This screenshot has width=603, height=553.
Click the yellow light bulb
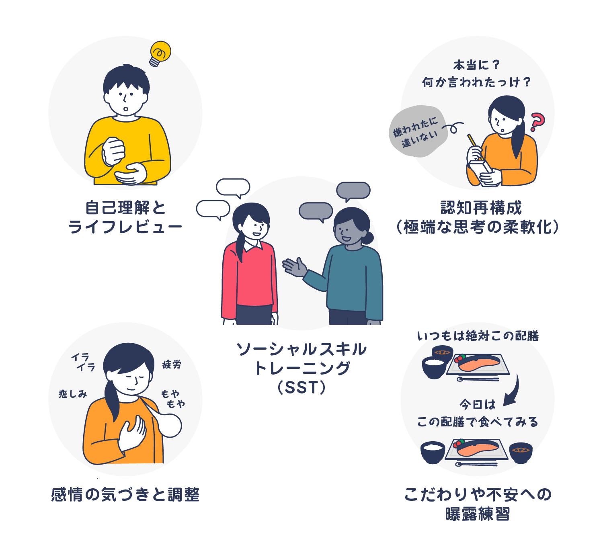pyautogui.click(x=160, y=53)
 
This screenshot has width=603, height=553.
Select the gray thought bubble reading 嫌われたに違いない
pyautogui.click(x=418, y=131)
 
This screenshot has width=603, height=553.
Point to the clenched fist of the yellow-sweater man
pyautogui.click(x=114, y=151)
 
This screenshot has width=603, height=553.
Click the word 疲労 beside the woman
pyautogui.click(x=172, y=365)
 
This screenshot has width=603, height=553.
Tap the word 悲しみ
pyautogui.click(x=73, y=394)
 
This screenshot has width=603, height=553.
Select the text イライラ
pyautogui.click(x=83, y=362)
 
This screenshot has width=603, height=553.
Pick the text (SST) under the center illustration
pyautogui.click(x=301, y=387)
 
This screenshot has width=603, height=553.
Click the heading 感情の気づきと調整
pyautogui.click(x=125, y=495)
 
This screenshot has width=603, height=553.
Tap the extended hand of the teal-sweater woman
pyautogui.click(x=294, y=267)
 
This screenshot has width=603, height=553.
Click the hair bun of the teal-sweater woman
pyautogui.click(x=368, y=238)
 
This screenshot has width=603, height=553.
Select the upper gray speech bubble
pyautogui.click(x=353, y=190)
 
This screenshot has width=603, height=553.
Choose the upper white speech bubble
pyautogui.click(x=233, y=188)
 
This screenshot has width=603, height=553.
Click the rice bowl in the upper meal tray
pyautogui.click(x=433, y=368)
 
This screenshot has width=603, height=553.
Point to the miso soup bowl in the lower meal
pyautogui.click(x=521, y=453)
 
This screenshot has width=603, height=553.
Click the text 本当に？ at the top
pyautogui.click(x=477, y=65)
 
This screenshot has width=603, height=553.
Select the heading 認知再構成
pyautogui.click(x=481, y=208)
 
